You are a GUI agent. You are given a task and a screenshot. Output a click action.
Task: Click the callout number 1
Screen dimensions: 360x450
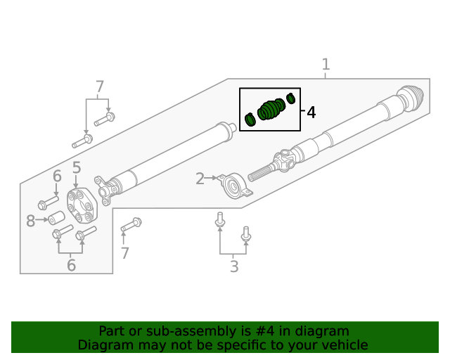[x=326, y=65]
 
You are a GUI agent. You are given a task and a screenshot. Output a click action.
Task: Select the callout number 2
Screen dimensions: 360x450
[x=200, y=179]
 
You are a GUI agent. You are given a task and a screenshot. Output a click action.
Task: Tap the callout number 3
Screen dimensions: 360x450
[x=234, y=266]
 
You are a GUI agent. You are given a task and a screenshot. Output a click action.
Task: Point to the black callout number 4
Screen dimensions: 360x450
[x=310, y=112]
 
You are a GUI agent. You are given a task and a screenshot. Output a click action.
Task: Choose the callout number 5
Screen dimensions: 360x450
[x=77, y=168]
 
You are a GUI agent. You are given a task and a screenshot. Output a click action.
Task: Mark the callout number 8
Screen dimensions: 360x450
[x=30, y=221]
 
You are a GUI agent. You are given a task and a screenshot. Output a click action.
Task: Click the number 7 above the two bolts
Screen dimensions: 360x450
[x=99, y=87]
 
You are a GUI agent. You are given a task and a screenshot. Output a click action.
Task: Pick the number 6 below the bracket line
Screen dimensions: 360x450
[x=70, y=265]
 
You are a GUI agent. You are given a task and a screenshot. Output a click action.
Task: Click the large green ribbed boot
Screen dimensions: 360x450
[x=271, y=110]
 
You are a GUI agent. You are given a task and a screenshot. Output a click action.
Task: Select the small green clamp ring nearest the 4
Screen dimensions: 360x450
[x=291, y=98]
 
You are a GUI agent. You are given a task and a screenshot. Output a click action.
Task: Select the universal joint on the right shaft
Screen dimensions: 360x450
[x=285, y=161]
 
